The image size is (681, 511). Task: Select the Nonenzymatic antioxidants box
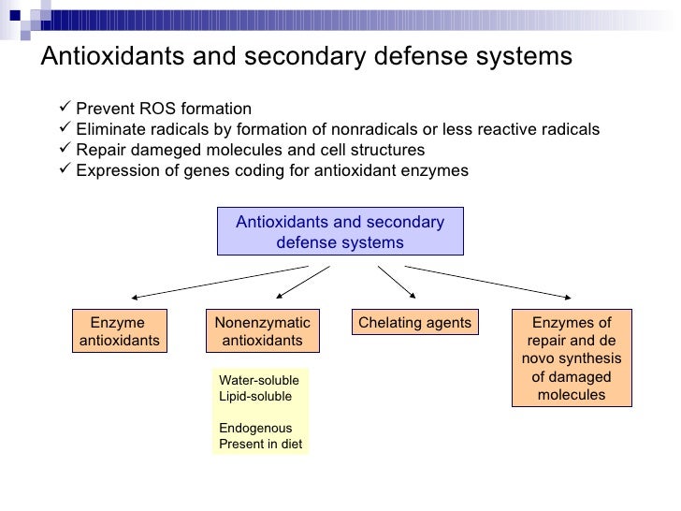262,331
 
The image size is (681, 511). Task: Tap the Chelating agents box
413,323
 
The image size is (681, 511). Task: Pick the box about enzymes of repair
571,358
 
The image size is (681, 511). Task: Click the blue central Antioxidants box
340,232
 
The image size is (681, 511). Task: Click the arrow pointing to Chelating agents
390,280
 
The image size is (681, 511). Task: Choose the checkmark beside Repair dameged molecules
64,150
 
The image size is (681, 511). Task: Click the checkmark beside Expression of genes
64,171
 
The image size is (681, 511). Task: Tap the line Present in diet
260,444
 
